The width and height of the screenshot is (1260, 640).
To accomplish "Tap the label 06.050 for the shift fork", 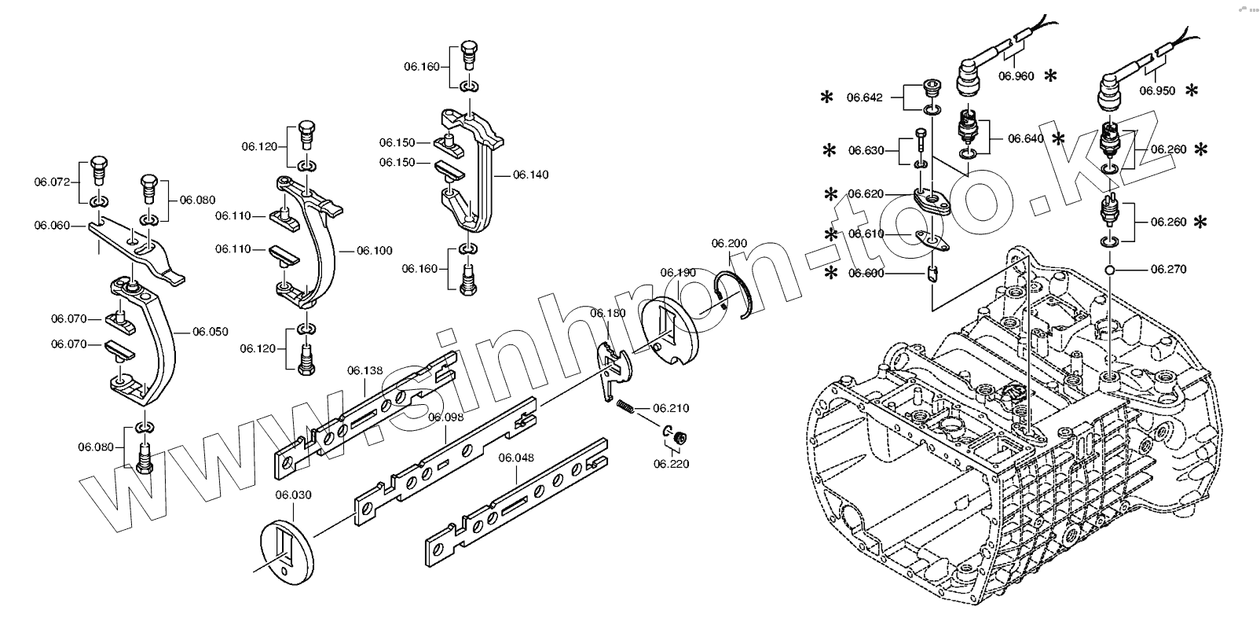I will tap(211, 332).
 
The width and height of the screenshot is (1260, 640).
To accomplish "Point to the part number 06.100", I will tap(375, 251).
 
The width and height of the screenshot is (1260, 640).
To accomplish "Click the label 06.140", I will tap(531, 175).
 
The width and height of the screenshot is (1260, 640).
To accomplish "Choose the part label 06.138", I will tap(365, 370).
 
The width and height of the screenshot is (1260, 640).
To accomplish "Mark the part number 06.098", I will tap(445, 417).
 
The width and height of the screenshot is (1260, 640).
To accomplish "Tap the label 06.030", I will tap(293, 495).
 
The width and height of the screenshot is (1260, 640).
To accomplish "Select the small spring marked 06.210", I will tap(625, 406).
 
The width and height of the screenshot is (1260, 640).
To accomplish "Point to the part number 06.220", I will tap(671, 464).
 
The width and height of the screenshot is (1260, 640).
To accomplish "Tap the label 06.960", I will tap(1016, 76).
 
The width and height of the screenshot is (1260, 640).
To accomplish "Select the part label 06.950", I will tap(1158, 90).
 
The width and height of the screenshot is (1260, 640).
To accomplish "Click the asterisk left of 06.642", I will tap(826, 97).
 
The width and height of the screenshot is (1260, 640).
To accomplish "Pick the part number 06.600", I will tap(865, 273).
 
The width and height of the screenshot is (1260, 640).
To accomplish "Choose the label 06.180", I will tap(608, 314).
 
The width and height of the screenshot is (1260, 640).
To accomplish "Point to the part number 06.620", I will tap(865, 194).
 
